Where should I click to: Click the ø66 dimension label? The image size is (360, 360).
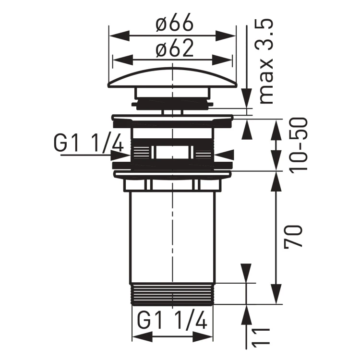173,22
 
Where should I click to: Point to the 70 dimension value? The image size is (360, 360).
294,236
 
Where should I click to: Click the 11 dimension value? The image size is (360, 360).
260,338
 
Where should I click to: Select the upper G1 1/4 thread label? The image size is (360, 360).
89,144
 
